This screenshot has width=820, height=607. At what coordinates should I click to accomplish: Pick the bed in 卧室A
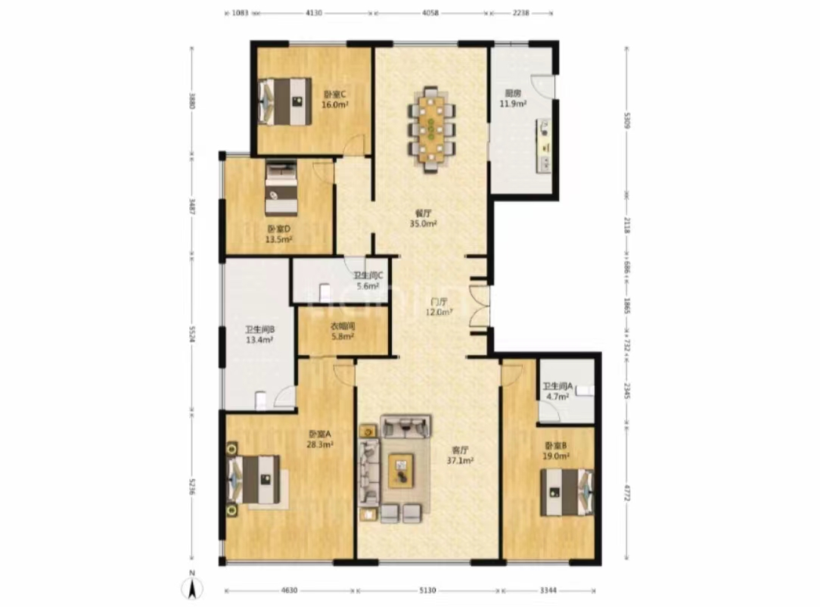pos(256,479)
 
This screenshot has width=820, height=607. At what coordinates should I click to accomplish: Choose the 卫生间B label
pos(259,330)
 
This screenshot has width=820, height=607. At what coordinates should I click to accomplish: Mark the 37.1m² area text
pos(460,460)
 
